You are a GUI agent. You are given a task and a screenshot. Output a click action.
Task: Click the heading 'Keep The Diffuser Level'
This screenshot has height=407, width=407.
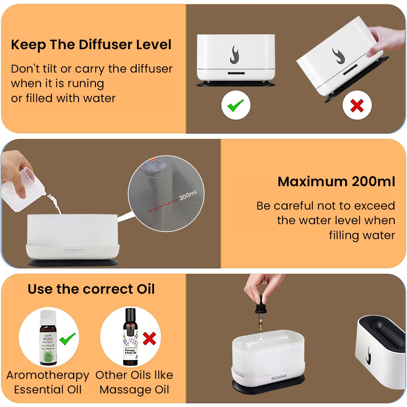91,45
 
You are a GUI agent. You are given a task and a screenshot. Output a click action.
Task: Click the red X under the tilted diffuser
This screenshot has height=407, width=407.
357,105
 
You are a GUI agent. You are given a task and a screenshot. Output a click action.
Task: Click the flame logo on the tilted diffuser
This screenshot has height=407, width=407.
338,56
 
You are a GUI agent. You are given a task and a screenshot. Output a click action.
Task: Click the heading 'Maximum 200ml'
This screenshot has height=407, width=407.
336,181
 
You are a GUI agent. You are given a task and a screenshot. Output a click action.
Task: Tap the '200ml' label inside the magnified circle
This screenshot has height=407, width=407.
188,195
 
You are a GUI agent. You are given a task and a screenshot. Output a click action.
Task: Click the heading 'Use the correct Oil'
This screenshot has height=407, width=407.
91,289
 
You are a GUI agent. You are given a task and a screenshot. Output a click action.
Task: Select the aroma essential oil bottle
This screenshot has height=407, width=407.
49,337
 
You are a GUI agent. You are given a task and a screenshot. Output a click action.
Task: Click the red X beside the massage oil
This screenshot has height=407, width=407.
149,338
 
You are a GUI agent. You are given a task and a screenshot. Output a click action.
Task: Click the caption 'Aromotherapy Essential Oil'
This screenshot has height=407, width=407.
48,382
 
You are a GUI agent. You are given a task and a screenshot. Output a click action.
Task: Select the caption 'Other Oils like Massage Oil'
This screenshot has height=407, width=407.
134,382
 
